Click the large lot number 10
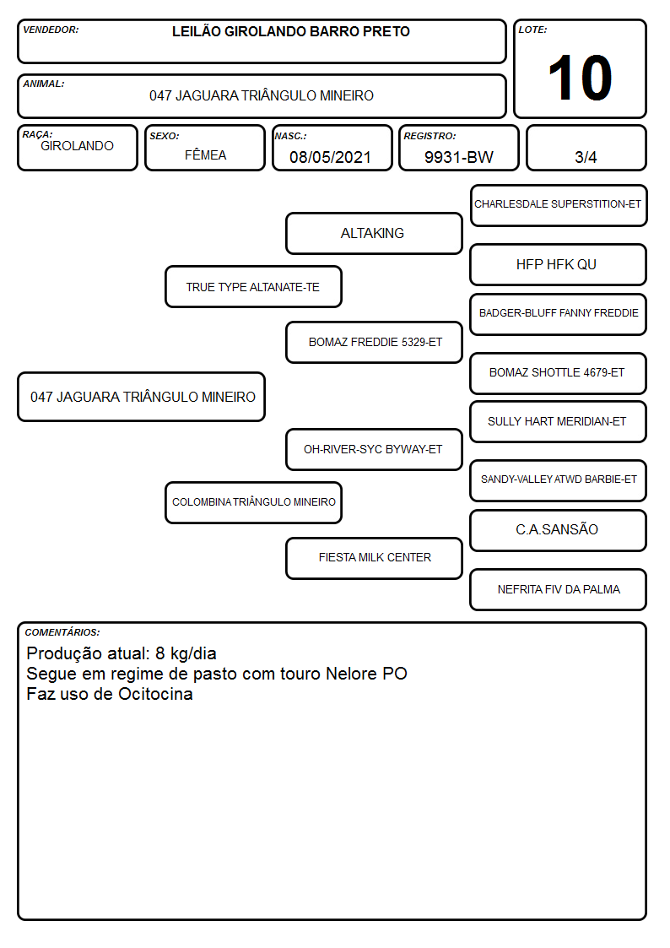580,78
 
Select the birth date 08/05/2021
330,157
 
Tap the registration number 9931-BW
458,157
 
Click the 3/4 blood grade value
586,157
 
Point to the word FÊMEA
205,154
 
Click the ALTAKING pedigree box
374,233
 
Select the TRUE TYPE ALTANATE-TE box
253,286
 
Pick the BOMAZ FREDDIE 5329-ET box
374,342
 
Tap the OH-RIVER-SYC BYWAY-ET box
374,449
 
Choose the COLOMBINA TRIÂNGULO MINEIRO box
253,502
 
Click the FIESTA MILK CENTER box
374,558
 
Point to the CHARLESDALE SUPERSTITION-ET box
559,206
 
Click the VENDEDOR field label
51,30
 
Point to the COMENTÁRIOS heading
62,632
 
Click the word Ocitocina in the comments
155,694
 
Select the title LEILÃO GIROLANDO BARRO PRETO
290,31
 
